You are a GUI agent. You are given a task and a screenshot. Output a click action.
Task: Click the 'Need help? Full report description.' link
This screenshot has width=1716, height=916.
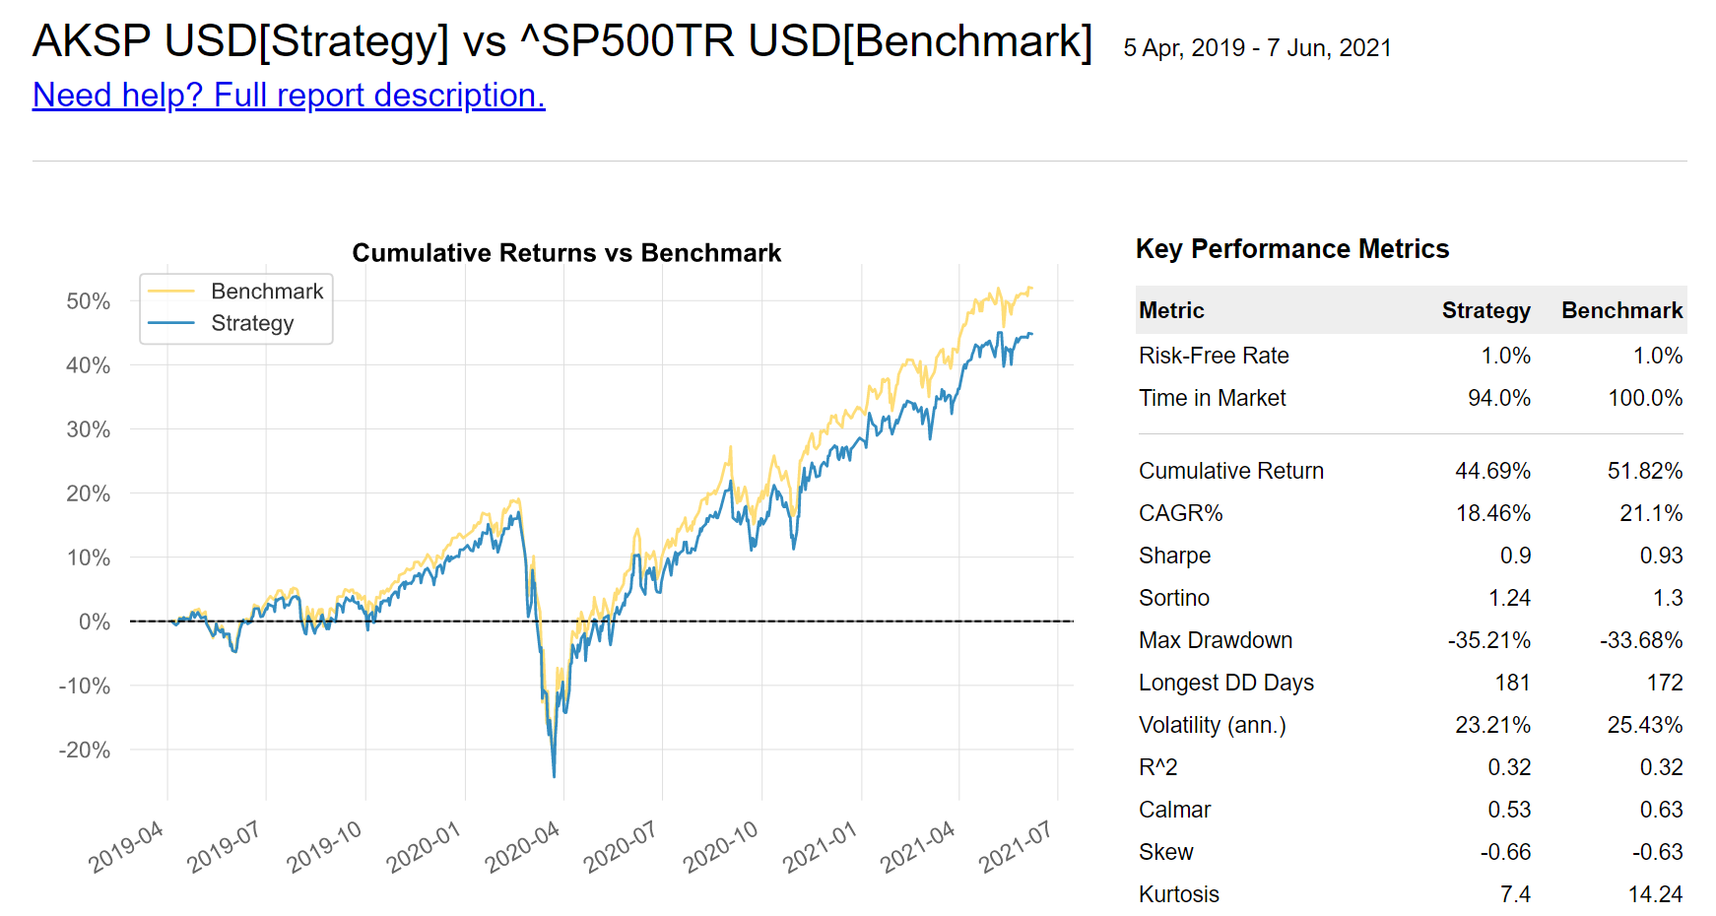pos(289,96)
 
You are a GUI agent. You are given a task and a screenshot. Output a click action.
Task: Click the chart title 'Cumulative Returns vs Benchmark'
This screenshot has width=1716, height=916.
pos(566,253)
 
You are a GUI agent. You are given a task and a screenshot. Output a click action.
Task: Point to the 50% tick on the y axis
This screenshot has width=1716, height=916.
pos(89,301)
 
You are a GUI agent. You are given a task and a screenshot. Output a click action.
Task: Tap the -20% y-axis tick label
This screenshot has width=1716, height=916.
pos(85,751)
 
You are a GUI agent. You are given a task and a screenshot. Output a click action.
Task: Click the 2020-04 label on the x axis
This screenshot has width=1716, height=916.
pos(523,846)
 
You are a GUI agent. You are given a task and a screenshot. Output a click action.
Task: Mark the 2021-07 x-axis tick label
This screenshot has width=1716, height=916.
pos(1017,846)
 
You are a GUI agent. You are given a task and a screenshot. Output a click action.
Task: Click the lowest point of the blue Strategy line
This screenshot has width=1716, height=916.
pos(554,776)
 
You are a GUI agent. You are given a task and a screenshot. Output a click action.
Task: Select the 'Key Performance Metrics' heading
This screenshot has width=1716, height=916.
pos(1291,249)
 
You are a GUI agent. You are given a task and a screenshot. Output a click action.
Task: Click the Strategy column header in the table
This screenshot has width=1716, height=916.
pos(1485,311)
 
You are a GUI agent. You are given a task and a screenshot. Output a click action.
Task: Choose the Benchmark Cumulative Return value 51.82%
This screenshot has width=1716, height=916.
pos(1644,471)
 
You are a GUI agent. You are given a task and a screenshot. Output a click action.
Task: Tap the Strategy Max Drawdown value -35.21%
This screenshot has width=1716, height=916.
pos(1488,640)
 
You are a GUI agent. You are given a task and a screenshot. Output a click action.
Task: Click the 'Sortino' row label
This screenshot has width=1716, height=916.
pos(1173,598)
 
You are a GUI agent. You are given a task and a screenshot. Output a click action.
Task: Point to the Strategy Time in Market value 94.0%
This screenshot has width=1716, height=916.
pos(1498,398)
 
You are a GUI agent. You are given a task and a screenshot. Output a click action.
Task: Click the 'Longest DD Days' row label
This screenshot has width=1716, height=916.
pos(1225,683)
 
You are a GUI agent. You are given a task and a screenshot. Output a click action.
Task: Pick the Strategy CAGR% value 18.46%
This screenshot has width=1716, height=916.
pos(1492,513)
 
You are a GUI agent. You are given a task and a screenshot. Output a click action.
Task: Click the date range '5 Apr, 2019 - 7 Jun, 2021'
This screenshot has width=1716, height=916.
pos(1257,48)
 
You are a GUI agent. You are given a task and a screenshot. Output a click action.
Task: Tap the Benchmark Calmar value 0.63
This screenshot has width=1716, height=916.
pos(1661,810)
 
